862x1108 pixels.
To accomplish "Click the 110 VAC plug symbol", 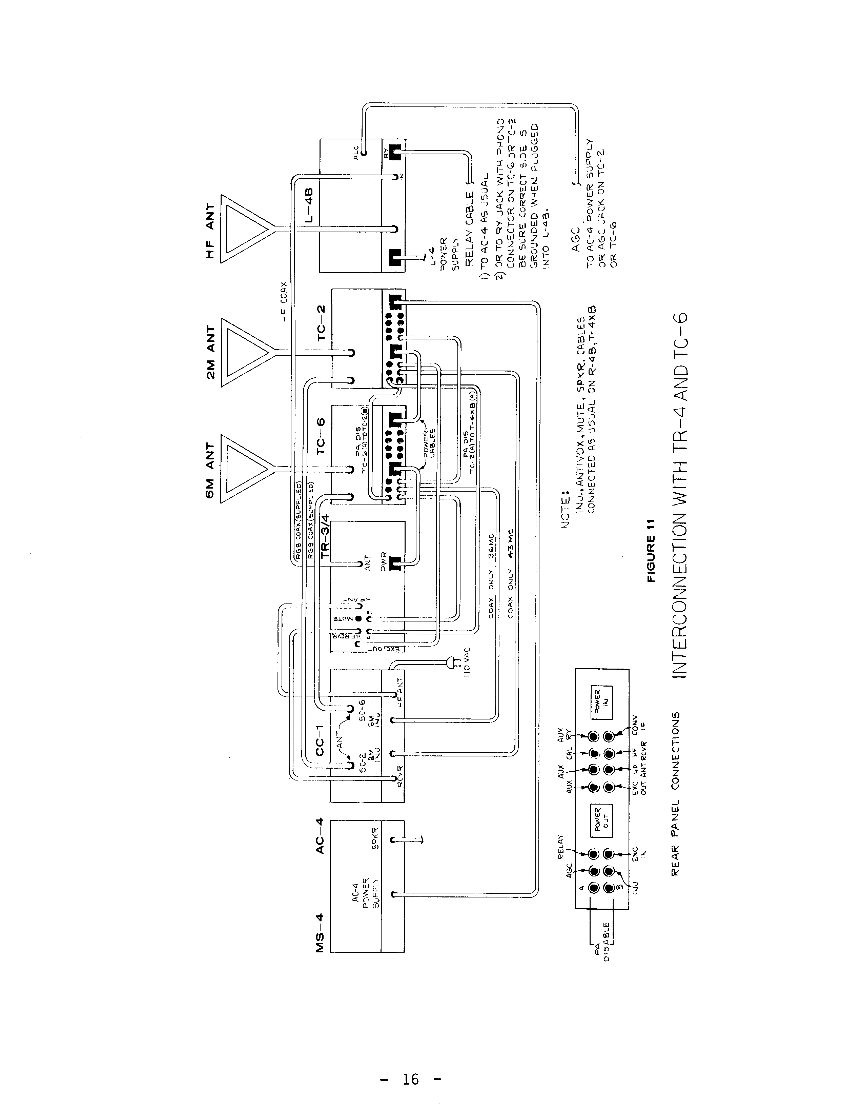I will [453, 662].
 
